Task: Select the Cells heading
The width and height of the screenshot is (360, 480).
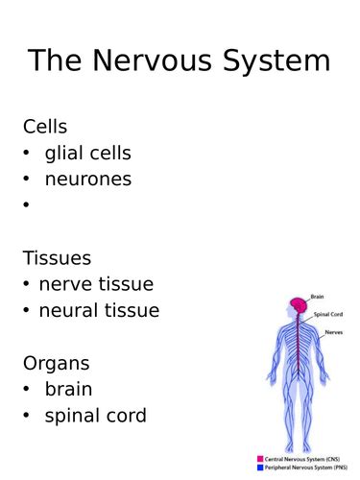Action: pos(45,127)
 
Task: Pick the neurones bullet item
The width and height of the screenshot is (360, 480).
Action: pos(87,179)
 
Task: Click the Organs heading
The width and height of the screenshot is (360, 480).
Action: pos(57,363)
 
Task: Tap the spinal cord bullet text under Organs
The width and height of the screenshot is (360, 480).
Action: pos(95,416)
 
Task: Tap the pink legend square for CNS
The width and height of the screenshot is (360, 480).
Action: pos(260,459)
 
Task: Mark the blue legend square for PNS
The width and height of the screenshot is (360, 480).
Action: pos(260,468)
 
